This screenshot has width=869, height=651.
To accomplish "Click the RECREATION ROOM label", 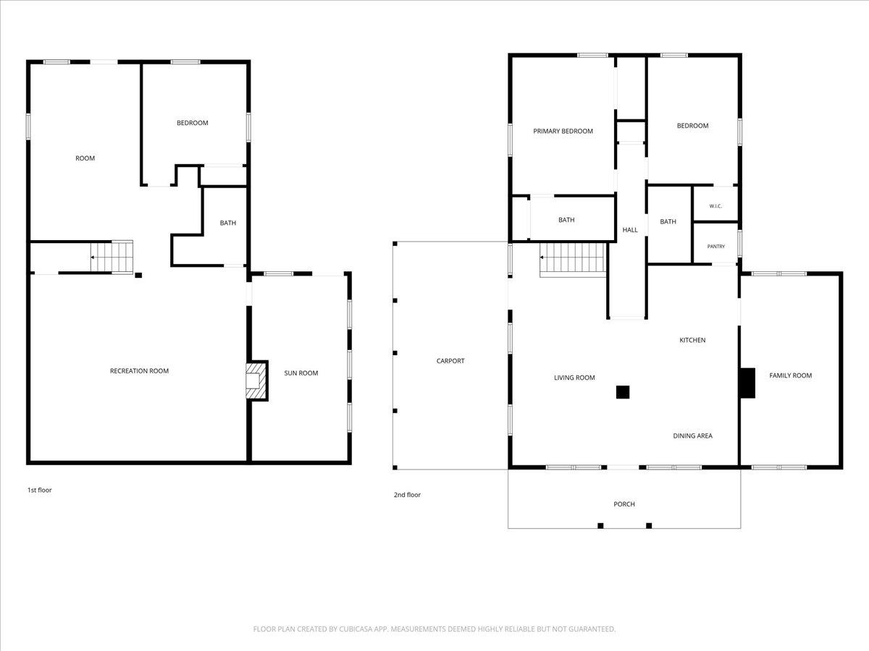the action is (139, 371).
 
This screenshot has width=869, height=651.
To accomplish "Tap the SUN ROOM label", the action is (301, 373).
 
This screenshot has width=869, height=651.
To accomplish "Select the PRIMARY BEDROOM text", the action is (563, 131).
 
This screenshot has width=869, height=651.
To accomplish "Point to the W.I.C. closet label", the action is (715, 206).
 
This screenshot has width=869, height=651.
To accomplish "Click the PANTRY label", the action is (715, 246).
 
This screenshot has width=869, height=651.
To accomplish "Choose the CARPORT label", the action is (450, 360).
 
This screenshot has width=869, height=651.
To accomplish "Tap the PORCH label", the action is (624, 504).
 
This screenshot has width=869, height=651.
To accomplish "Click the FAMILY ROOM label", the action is (790, 375).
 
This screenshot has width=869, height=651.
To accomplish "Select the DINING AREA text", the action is (692, 435).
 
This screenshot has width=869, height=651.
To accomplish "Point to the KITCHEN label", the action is (692, 340).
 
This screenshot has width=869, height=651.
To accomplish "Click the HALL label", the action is (630, 229).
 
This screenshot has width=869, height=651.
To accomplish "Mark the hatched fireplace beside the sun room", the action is (256, 380).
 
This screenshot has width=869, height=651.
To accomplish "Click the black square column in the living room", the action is (623, 392).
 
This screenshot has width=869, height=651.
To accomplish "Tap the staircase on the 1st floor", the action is (112, 257).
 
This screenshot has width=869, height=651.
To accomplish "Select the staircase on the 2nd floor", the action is (573, 258).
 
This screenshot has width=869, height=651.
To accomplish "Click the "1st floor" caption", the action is (40, 490).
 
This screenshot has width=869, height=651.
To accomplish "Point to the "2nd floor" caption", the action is (407, 495).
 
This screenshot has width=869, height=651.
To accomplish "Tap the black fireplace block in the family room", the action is (747, 383).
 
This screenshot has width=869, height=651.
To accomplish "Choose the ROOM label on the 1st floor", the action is (85, 158).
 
